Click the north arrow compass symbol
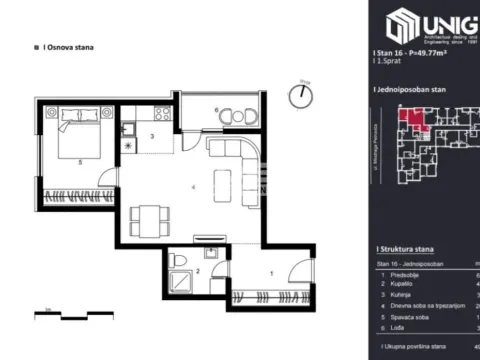tap(301, 96)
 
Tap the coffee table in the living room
tap(223, 185)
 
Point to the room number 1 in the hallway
tap(272, 272)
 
